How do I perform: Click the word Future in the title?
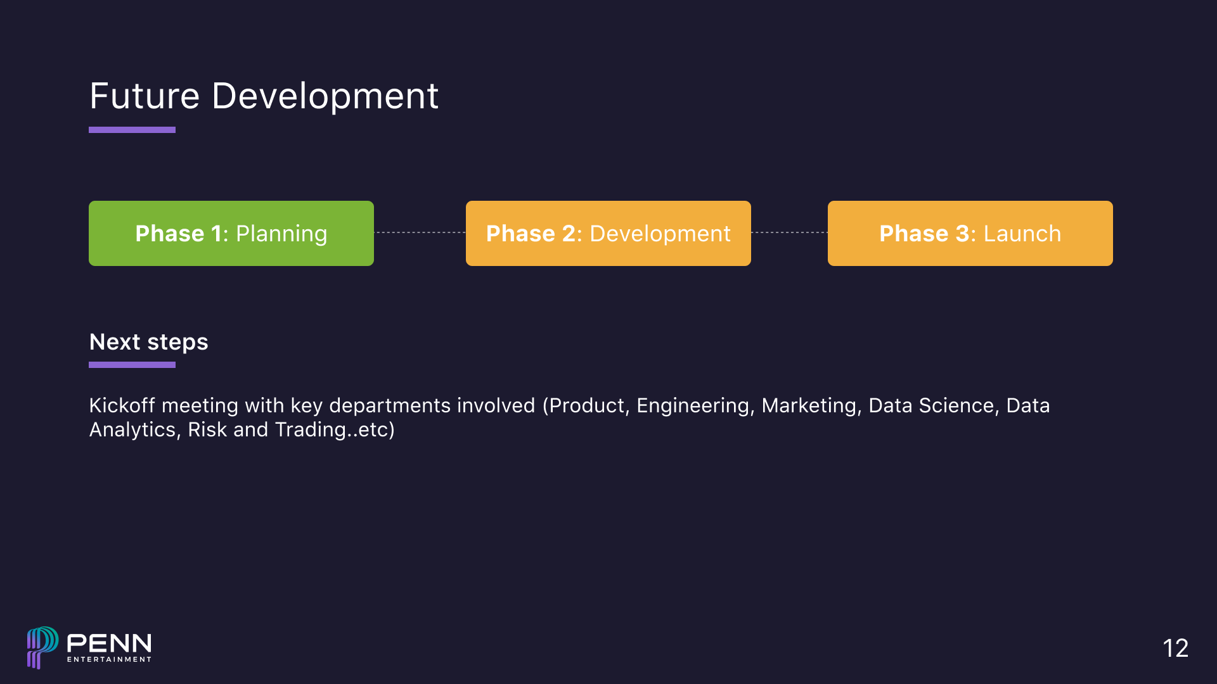(x=145, y=96)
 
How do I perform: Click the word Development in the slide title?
(x=325, y=96)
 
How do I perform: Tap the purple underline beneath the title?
(x=132, y=130)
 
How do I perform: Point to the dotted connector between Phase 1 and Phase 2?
(x=420, y=232)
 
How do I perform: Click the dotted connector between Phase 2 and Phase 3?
(x=789, y=232)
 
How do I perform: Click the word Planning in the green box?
(x=281, y=234)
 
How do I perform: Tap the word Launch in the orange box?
(x=1022, y=234)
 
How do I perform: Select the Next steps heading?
(x=148, y=342)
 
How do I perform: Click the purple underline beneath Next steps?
(x=132, y=365)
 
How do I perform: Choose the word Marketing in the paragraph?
(x=811, y=405)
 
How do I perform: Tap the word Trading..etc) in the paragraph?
(x=335, y=429)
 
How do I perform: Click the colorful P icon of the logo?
(x=42, y=646)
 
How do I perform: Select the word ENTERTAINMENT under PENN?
(x=109, y=659)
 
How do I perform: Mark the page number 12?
(x=1175, y=648)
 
